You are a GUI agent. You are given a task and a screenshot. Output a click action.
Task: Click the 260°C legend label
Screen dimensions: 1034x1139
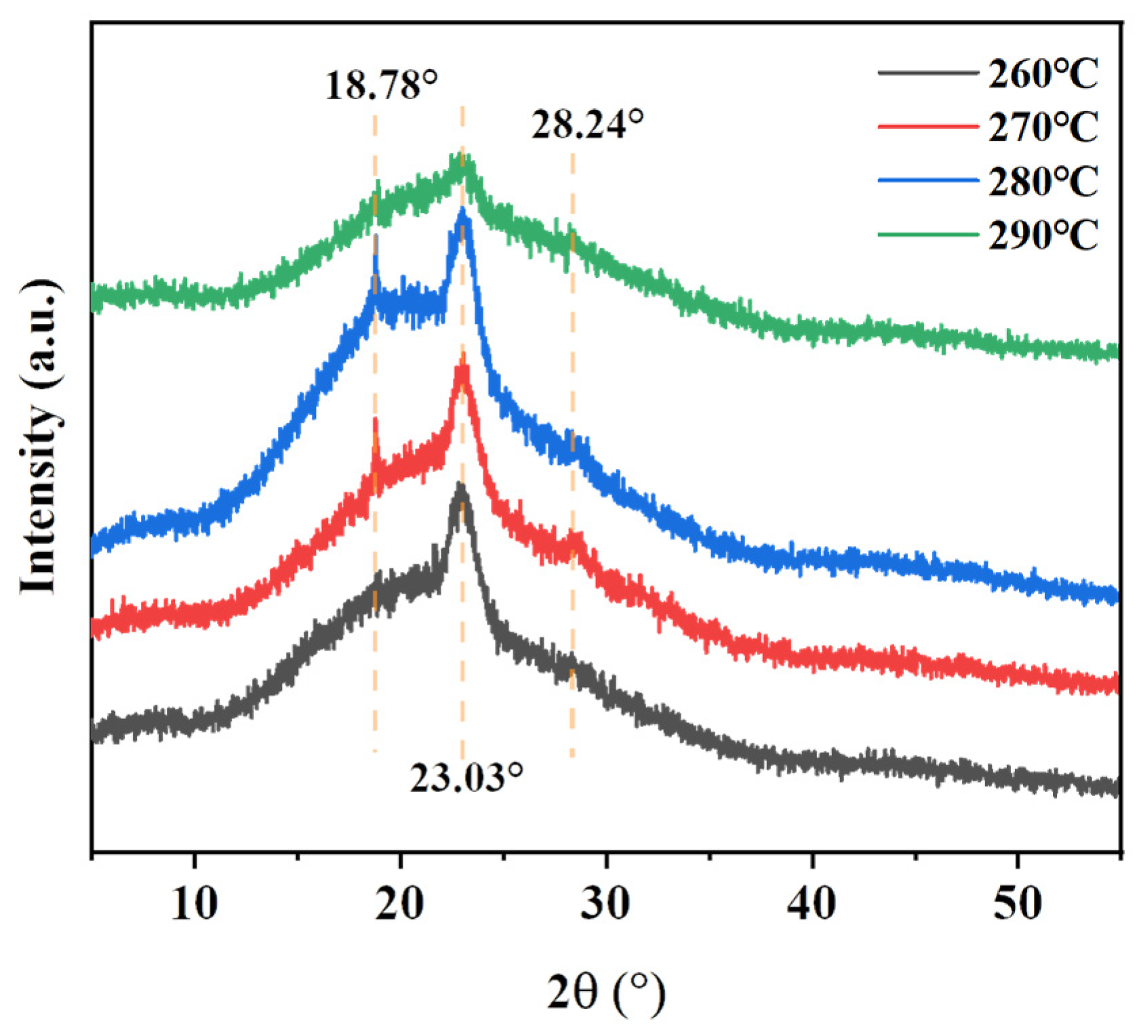tap(1043, 73)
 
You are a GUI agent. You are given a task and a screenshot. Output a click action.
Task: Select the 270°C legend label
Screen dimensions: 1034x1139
tap(1043, 127)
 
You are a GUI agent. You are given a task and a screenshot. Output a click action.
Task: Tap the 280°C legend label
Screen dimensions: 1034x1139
tap(1043, 181)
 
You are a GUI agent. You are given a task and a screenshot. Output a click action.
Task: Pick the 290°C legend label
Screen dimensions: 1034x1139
tap(1043, 235)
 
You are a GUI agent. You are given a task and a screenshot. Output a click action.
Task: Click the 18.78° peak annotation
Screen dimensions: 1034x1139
tap(382, 85)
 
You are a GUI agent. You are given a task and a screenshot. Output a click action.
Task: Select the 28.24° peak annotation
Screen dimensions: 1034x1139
tap(587, 124)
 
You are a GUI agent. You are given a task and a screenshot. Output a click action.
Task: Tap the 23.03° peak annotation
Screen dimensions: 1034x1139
tap(466, 777)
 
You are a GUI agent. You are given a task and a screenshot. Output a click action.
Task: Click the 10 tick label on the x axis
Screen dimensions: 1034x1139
tap(195, 904)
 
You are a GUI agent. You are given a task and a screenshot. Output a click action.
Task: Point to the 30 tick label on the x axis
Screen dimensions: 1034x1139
tap(605, 904)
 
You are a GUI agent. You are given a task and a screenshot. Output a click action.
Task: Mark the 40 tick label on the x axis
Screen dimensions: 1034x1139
tap(812, 904)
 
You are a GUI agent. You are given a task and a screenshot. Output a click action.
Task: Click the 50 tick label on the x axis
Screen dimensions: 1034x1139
tap(1017, 904)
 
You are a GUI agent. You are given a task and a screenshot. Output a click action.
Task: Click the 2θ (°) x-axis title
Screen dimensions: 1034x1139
tap(606, 993)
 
